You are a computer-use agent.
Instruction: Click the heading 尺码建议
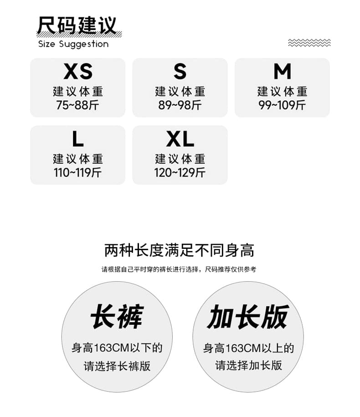tap(77, 25)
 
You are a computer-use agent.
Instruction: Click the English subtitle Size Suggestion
tap(73, 44)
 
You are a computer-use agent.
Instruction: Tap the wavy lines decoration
tap(309, 42)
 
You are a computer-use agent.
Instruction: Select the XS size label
tap(78, 71)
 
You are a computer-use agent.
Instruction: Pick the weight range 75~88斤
tap(77, 105)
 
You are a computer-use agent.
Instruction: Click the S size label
tap(180, 71)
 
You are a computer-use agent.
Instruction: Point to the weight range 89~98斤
tap(180, 105)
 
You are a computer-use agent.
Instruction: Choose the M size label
tap(283, 71)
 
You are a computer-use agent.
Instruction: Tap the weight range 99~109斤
tap(282, 105)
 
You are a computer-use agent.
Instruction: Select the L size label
tap(78, 139)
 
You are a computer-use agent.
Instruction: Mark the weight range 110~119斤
tap(77, 173)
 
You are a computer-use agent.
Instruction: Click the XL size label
tap(180, 139)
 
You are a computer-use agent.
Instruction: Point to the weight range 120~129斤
tap(180, 173)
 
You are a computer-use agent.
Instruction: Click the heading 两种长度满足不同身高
tap(179, 250)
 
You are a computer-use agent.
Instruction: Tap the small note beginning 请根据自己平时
tap(179, 269)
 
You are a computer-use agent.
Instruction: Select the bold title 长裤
tap(117, 316)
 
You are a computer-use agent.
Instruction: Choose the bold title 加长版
tap(248, 317)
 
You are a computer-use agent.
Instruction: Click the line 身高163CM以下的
tap(117, 348)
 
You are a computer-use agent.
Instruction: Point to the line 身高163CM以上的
tap(249, 348)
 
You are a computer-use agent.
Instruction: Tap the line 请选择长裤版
tap(117, 366)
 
